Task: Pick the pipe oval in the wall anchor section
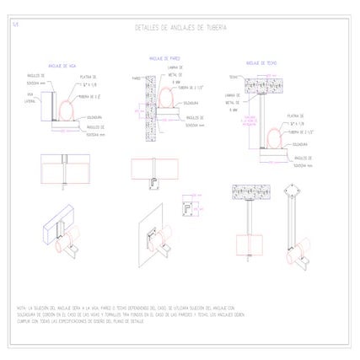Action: pyautogui.click(x=164, y=102)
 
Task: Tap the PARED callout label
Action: pyautogui.click(x=135, y=77)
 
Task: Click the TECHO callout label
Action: pyautogui.click(x=232, y=76)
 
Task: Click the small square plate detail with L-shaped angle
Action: pyautogui.click(x=189, y=206)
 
